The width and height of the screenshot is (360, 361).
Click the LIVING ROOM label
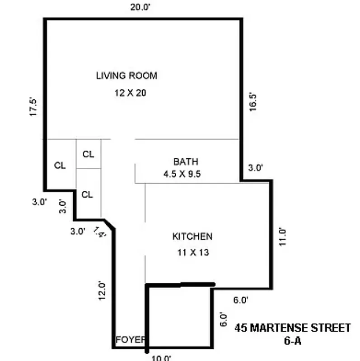point(126,75)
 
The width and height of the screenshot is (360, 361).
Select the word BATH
point(186,162)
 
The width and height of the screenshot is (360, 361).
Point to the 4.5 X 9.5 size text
point(182,174)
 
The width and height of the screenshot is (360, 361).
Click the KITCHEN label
point(192,236)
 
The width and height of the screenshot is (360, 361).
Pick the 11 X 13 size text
point(193,253)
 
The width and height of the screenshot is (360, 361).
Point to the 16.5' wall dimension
point(253,102)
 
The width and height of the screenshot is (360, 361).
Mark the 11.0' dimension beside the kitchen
point(283,235)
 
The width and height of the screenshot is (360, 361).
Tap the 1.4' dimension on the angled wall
point(100,232)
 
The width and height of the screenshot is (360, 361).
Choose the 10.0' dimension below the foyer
point(161,358)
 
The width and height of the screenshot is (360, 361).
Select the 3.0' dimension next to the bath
point(256,168)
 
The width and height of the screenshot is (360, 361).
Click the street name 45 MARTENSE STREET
point(293,328)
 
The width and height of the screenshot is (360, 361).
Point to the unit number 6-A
point(292,341)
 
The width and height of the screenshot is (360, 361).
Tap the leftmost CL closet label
point(60,166)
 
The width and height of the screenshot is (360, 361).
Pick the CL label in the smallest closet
point(89,154)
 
